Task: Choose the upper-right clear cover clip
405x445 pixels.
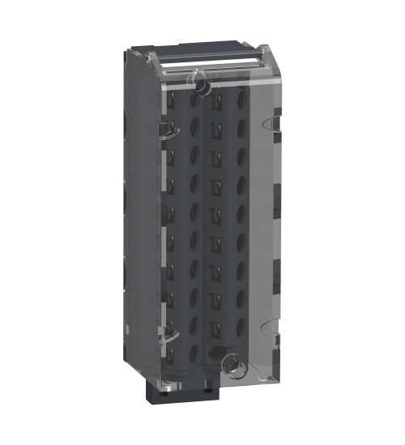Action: [273, 122]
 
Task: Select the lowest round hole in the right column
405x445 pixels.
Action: [241, 347]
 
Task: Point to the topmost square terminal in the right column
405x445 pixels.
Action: [216, 103]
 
